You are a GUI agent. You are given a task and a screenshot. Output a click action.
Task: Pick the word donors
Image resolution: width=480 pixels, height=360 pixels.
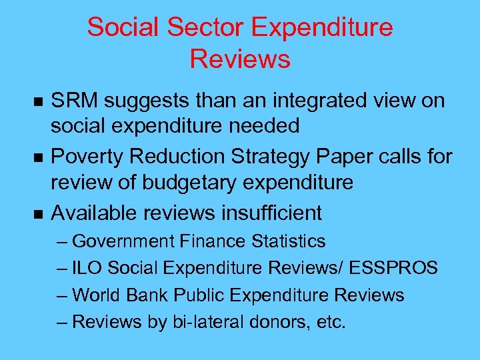click(x=278, y=322)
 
